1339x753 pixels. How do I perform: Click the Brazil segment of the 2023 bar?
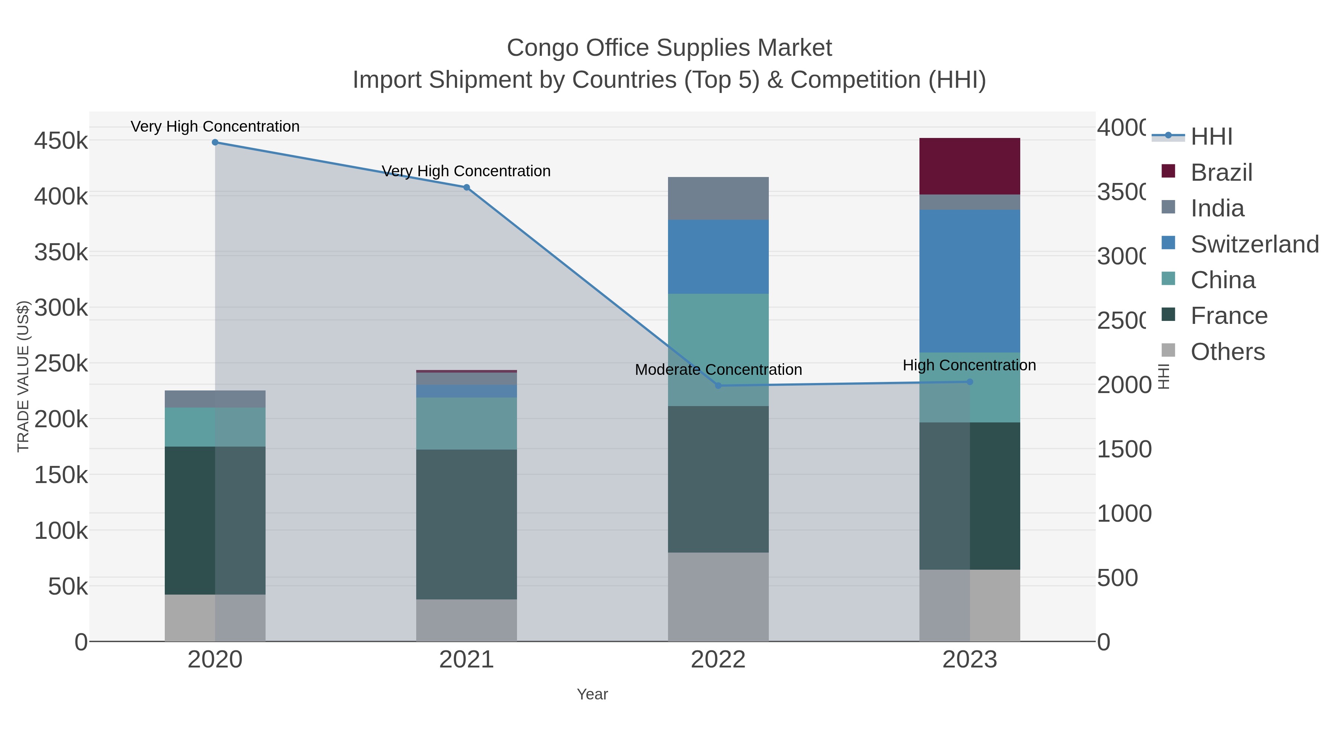coord(969,166)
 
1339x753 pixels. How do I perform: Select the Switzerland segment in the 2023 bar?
coord(969,281)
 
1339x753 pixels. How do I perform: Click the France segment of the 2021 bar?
coord(466,524)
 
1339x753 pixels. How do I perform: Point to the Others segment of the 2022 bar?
coord(718,596)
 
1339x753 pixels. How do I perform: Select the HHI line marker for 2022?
coord(718,386)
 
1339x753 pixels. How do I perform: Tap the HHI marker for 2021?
coord(466,188)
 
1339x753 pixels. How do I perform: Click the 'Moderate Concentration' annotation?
coord(718,370)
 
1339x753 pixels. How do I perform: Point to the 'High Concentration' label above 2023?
coord(969,365)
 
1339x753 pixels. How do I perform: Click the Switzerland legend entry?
coord(1254,244)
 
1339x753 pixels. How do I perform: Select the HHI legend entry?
coord(1211,137)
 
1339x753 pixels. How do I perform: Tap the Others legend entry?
coord(1227,352)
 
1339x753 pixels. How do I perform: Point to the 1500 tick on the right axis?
coord(1124,450)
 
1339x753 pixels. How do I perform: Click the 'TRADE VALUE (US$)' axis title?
coord(23,376)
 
